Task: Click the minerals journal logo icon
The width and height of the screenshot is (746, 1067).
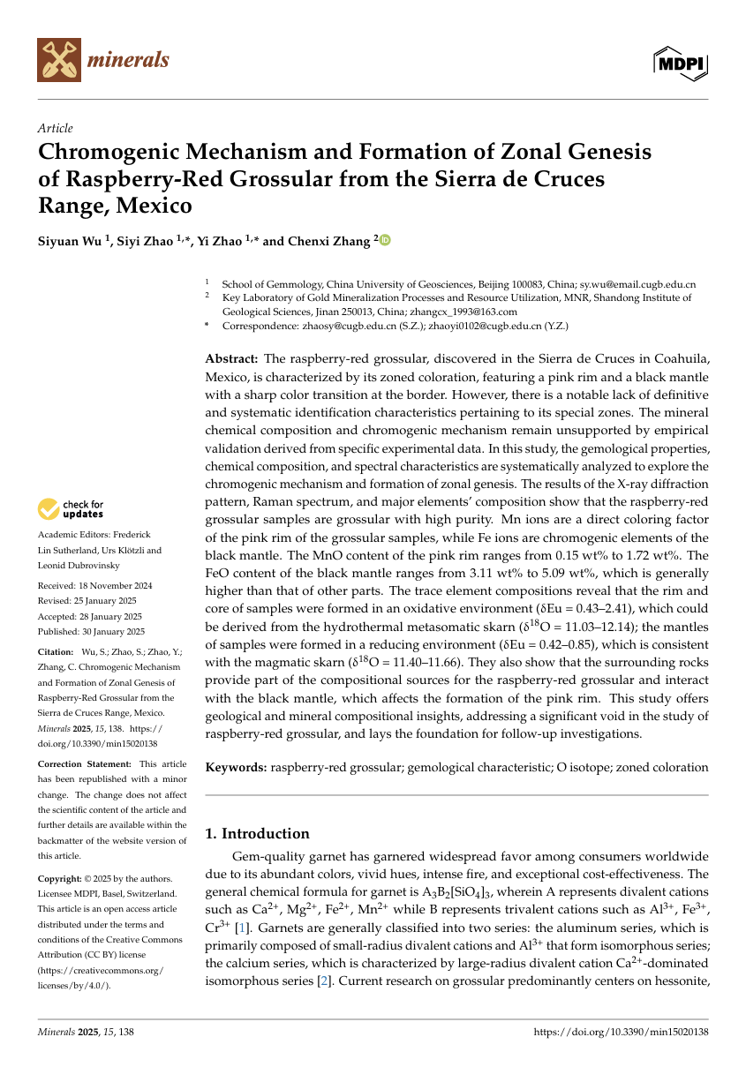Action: [x=59, y=60]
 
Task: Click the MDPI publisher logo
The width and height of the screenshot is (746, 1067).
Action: [x=681, y=61]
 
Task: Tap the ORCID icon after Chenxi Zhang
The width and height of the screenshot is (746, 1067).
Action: [x=385, y=240]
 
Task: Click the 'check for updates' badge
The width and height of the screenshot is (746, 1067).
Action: [x=71, y=509]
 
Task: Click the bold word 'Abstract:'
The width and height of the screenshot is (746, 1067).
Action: [x=231, y=358]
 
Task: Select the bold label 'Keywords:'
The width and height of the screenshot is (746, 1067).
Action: [x=236, y=768]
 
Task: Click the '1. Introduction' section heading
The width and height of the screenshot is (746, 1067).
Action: [x=257, y=834]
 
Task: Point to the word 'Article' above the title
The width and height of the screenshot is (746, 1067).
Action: [x=55, y=128]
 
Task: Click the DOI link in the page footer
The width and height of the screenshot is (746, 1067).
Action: [x=622, y=1031]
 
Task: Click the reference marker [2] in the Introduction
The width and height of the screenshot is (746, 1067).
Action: [x=323, y=981]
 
